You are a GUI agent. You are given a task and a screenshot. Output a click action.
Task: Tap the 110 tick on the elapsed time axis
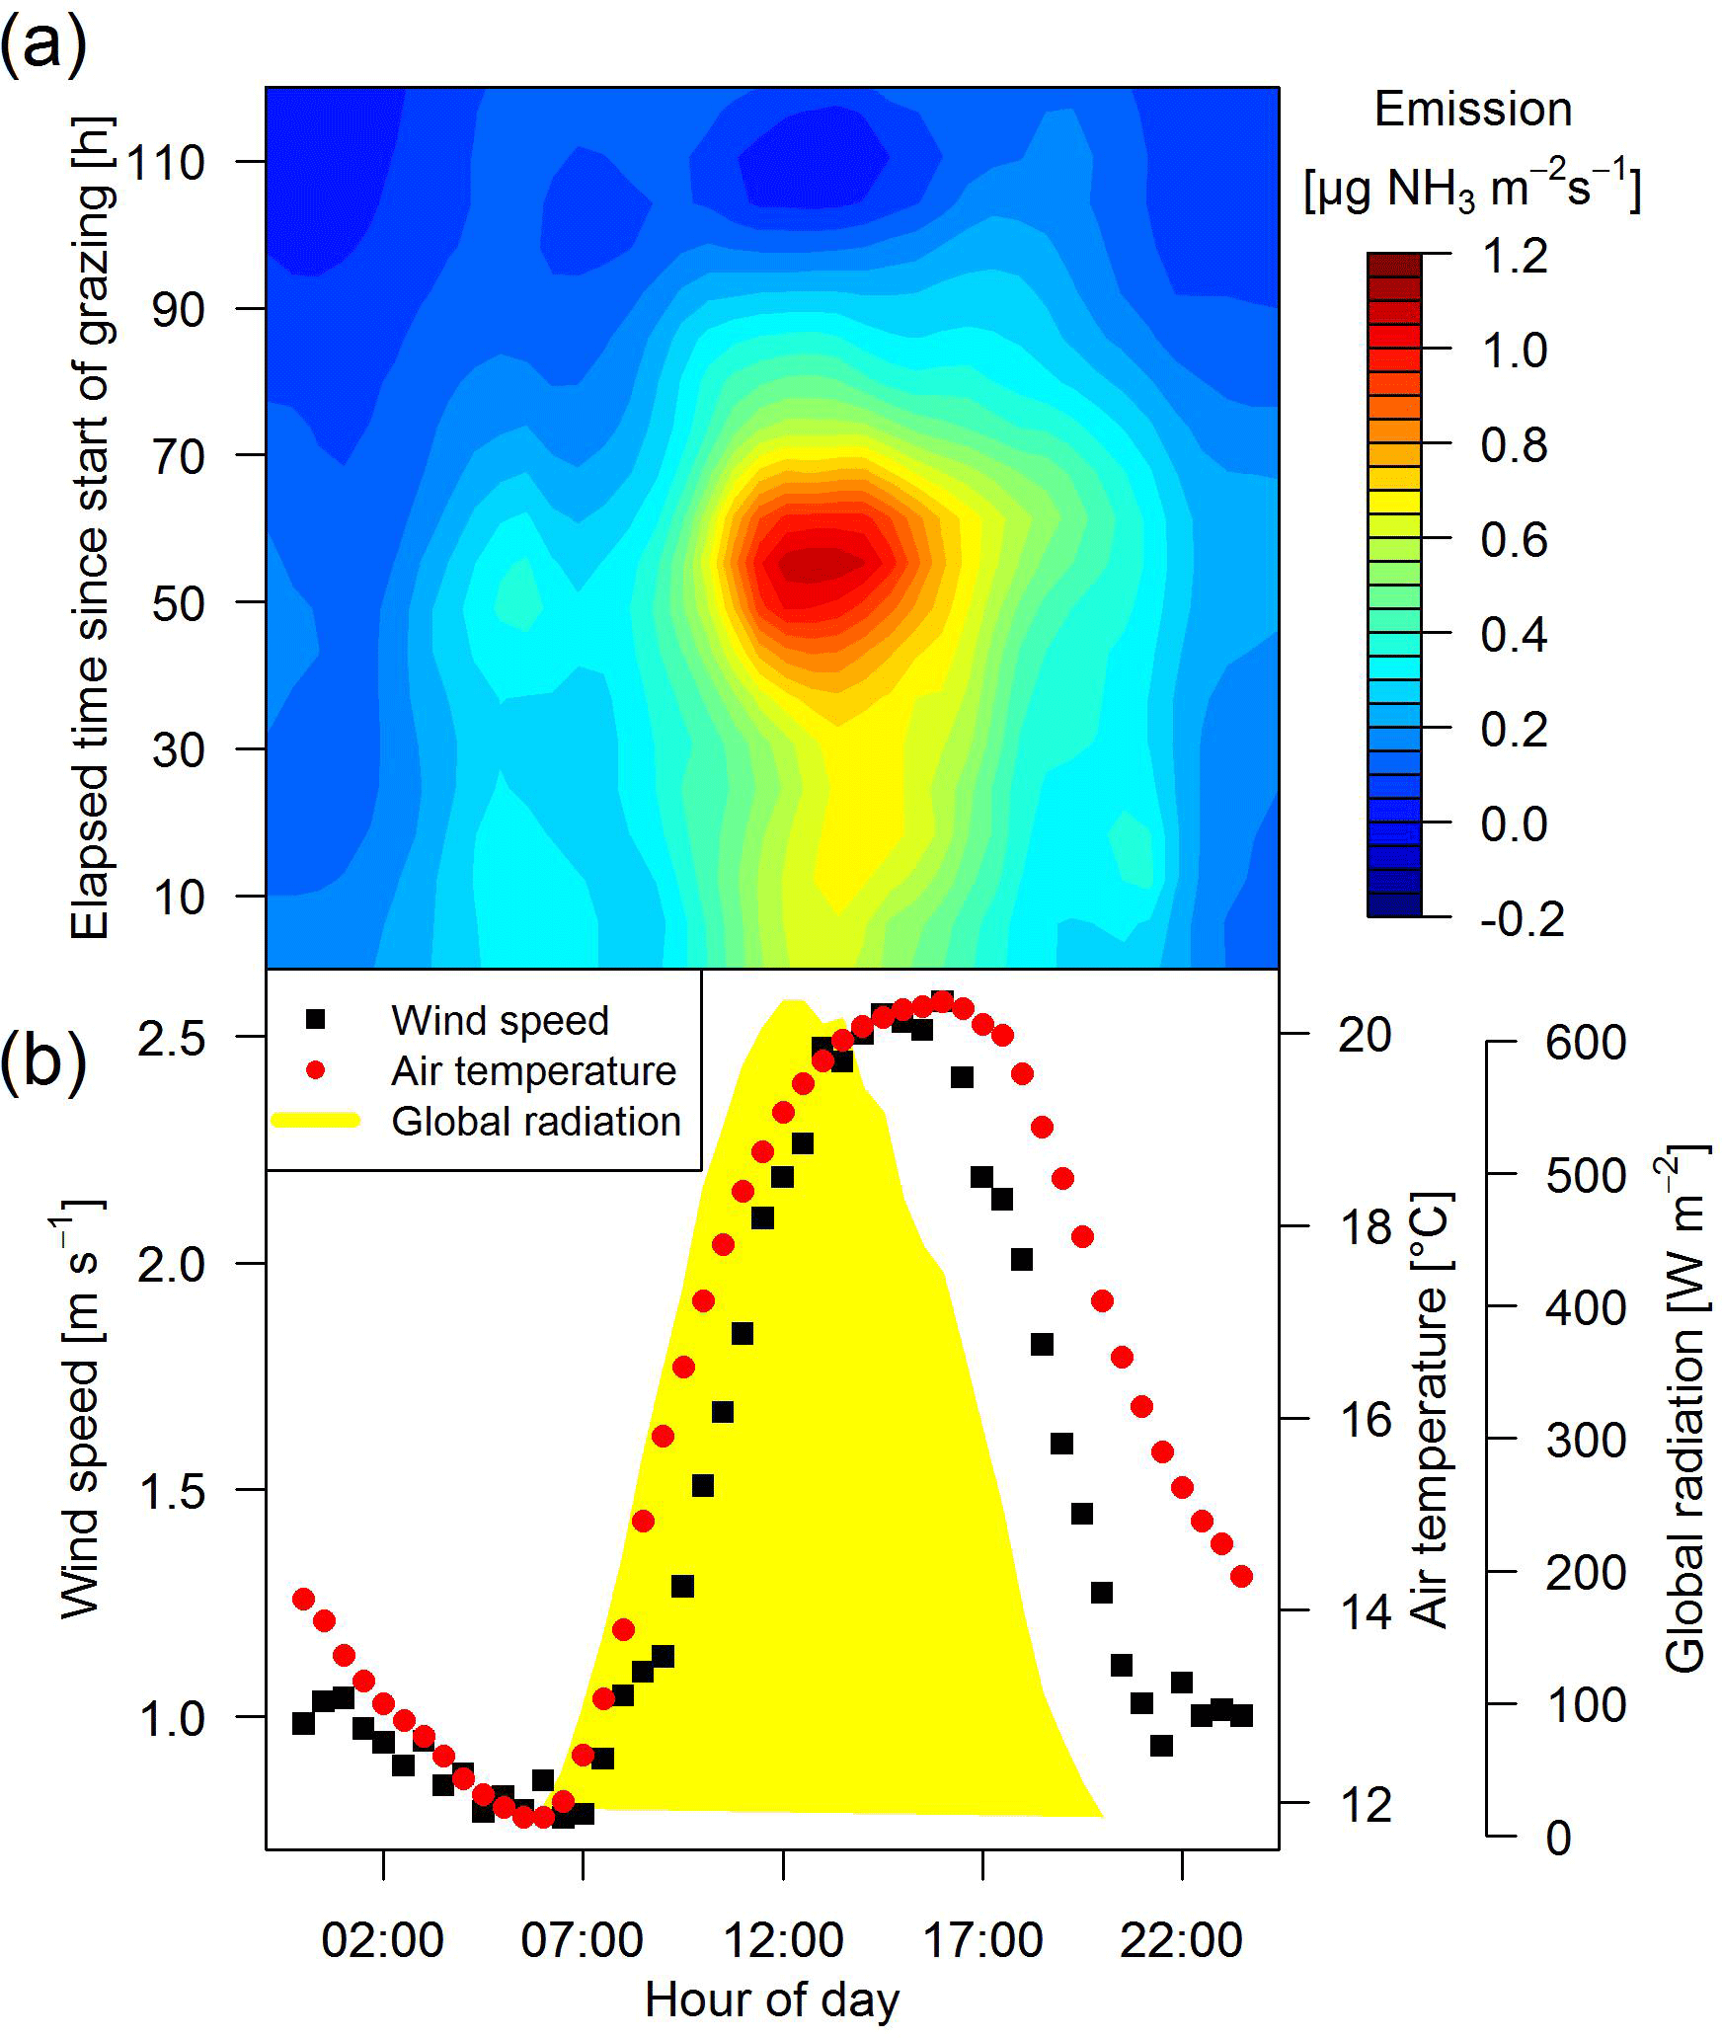[166, 162]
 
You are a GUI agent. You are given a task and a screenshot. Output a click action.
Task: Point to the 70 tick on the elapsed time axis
[178, 456]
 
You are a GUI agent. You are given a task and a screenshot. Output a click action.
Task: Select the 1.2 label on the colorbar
[1514, 256]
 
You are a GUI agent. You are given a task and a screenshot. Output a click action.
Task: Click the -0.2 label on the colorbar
[1522, 918]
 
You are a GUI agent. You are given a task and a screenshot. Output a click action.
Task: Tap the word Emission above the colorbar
[1472, 109]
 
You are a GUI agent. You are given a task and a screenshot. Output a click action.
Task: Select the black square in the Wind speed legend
[316, 1019]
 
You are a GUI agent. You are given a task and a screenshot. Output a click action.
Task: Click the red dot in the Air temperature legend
[316, 1069]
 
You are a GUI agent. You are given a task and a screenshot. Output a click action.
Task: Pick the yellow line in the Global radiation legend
[316, 1121]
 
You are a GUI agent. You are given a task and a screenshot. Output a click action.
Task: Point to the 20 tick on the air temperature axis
[1364, 1035]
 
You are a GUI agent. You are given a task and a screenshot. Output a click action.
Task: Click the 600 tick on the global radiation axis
[1586, 1043]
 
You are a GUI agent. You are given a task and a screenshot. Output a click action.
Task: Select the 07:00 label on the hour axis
[582, 1940]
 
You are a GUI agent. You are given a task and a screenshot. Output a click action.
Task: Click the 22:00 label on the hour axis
[1181, 1940]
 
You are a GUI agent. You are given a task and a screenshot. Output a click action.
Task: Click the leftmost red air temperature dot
[304, 1599]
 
